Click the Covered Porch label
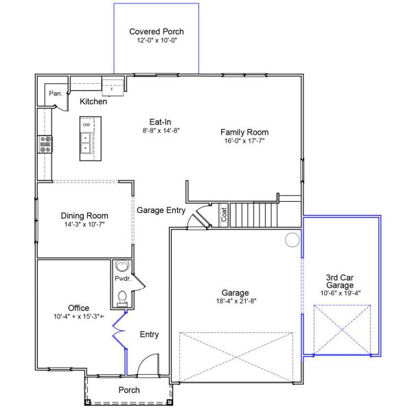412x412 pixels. point(157,32)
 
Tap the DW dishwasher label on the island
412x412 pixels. point(87,125)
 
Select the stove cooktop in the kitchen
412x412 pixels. point(45,144)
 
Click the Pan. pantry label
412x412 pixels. point(56,93)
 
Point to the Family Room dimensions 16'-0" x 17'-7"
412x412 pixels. point(244,141)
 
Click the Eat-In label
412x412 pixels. point(160,122)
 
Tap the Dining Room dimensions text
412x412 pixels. point(84,225)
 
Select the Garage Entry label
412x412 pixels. point(161,210)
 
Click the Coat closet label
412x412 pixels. point(224,214)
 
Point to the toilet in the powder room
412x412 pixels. point(122,299)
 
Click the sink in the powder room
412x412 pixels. point(122,266)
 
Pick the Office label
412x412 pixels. point(78,308)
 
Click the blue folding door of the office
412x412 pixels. point(119,330)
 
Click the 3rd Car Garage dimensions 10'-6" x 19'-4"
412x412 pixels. point(341,293)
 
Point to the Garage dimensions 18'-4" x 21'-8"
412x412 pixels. point(236,301)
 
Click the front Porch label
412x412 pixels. point(129,390)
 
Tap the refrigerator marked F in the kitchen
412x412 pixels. point(113,87)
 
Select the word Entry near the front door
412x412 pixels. point(149,334)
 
